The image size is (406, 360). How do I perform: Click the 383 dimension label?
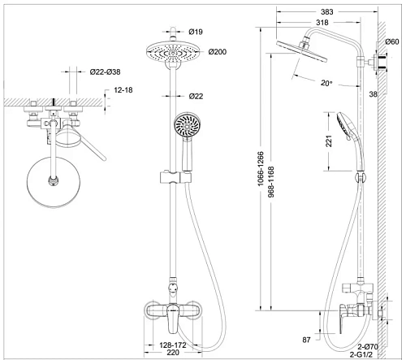point(327,12)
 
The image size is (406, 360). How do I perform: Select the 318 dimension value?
point(322,23)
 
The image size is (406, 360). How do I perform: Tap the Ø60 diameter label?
point(392,41)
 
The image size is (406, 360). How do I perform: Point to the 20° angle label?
point(326,83)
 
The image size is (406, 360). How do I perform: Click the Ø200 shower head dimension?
point(218,52)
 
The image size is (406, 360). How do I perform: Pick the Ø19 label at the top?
point(196,32)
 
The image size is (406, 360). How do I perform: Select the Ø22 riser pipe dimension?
point(196,96)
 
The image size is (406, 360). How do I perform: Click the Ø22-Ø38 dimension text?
point(105,72)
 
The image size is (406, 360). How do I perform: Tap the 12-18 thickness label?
point(123,90)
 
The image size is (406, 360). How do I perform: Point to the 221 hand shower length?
point(329,141)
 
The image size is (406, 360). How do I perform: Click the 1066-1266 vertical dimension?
point(261,169)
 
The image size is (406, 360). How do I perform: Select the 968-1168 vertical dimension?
point(271,182)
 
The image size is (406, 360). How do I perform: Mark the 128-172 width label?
point(173,345)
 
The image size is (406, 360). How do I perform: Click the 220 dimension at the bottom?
point(173,353)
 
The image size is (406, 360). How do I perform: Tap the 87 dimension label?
point(306,340)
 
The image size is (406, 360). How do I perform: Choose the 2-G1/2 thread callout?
point(361,354)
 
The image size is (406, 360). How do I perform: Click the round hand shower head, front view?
point(188,126)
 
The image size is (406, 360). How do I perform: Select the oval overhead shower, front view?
point(173,52)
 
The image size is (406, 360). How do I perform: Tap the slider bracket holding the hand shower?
point(176,177)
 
